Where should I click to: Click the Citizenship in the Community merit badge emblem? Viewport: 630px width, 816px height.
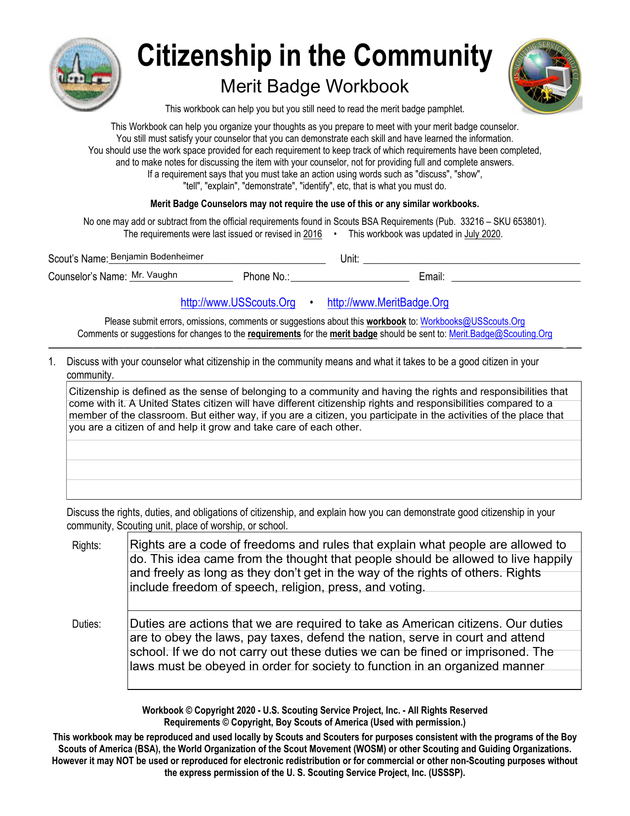tap(85, 74)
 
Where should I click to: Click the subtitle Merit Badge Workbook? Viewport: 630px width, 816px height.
tap(314, 86)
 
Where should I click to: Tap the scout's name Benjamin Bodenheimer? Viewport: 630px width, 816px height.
tap(157, 257)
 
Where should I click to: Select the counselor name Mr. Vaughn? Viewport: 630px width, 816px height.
tap(154, 275)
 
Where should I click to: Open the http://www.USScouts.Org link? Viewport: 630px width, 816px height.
tap(238, 302)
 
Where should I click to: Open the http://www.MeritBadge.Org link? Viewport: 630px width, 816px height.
tap(388, 302)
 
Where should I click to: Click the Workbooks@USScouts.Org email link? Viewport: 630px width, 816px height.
tap(472, 322)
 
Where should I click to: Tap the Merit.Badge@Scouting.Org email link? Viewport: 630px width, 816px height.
tap(500, 334)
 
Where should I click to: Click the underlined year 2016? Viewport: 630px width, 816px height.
tap(312, 234)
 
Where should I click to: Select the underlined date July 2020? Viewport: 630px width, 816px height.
tap(482, 234)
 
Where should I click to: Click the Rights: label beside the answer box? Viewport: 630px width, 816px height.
tap(86, 546)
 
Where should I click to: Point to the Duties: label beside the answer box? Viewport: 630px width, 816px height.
tap(86, 624)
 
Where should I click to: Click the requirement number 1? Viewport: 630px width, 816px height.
tap(51, 362)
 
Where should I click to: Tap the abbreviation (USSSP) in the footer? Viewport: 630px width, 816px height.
tap(447, 773)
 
